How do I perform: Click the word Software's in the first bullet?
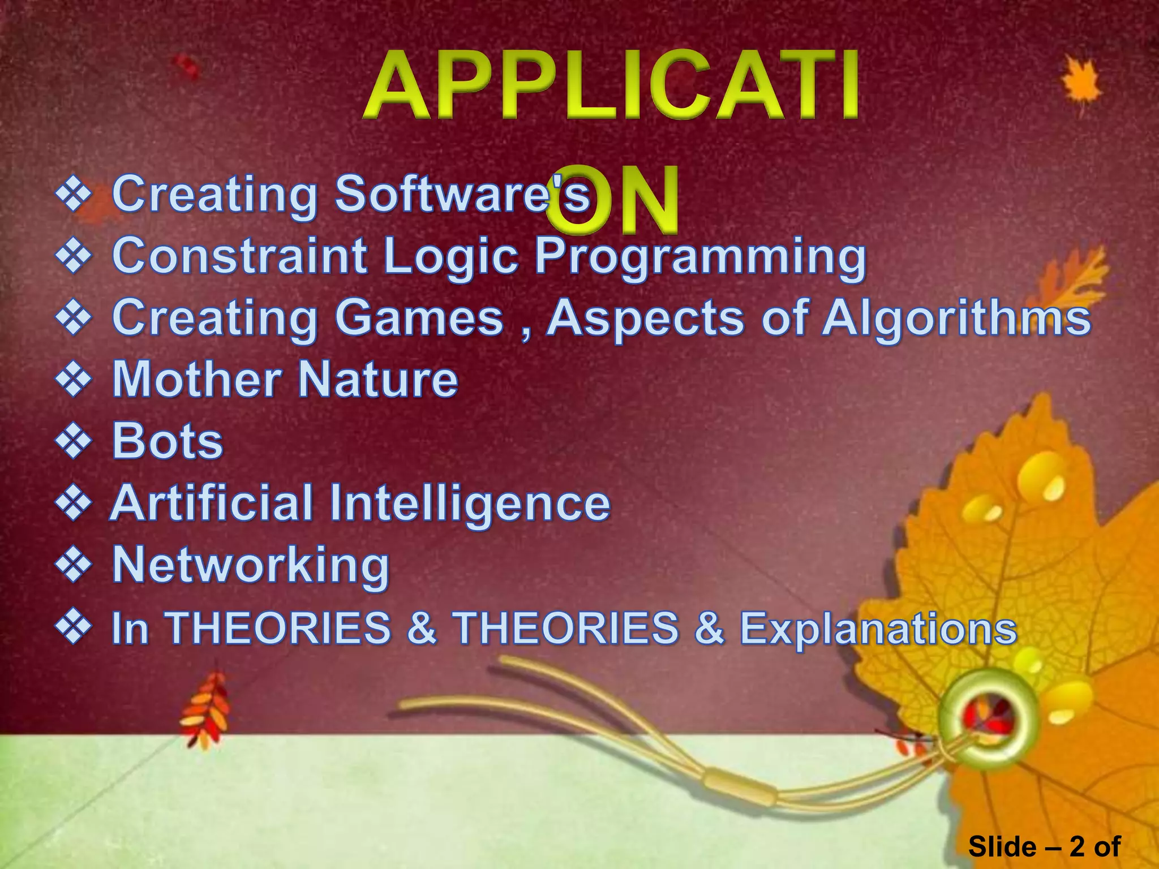(462, 194)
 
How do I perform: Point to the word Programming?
(700, 257)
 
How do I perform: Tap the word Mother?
(196, 379)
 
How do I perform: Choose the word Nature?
(377, 379)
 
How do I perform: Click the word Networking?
(251, 565)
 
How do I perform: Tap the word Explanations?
(878, 628)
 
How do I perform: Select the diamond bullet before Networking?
(73, 565)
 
